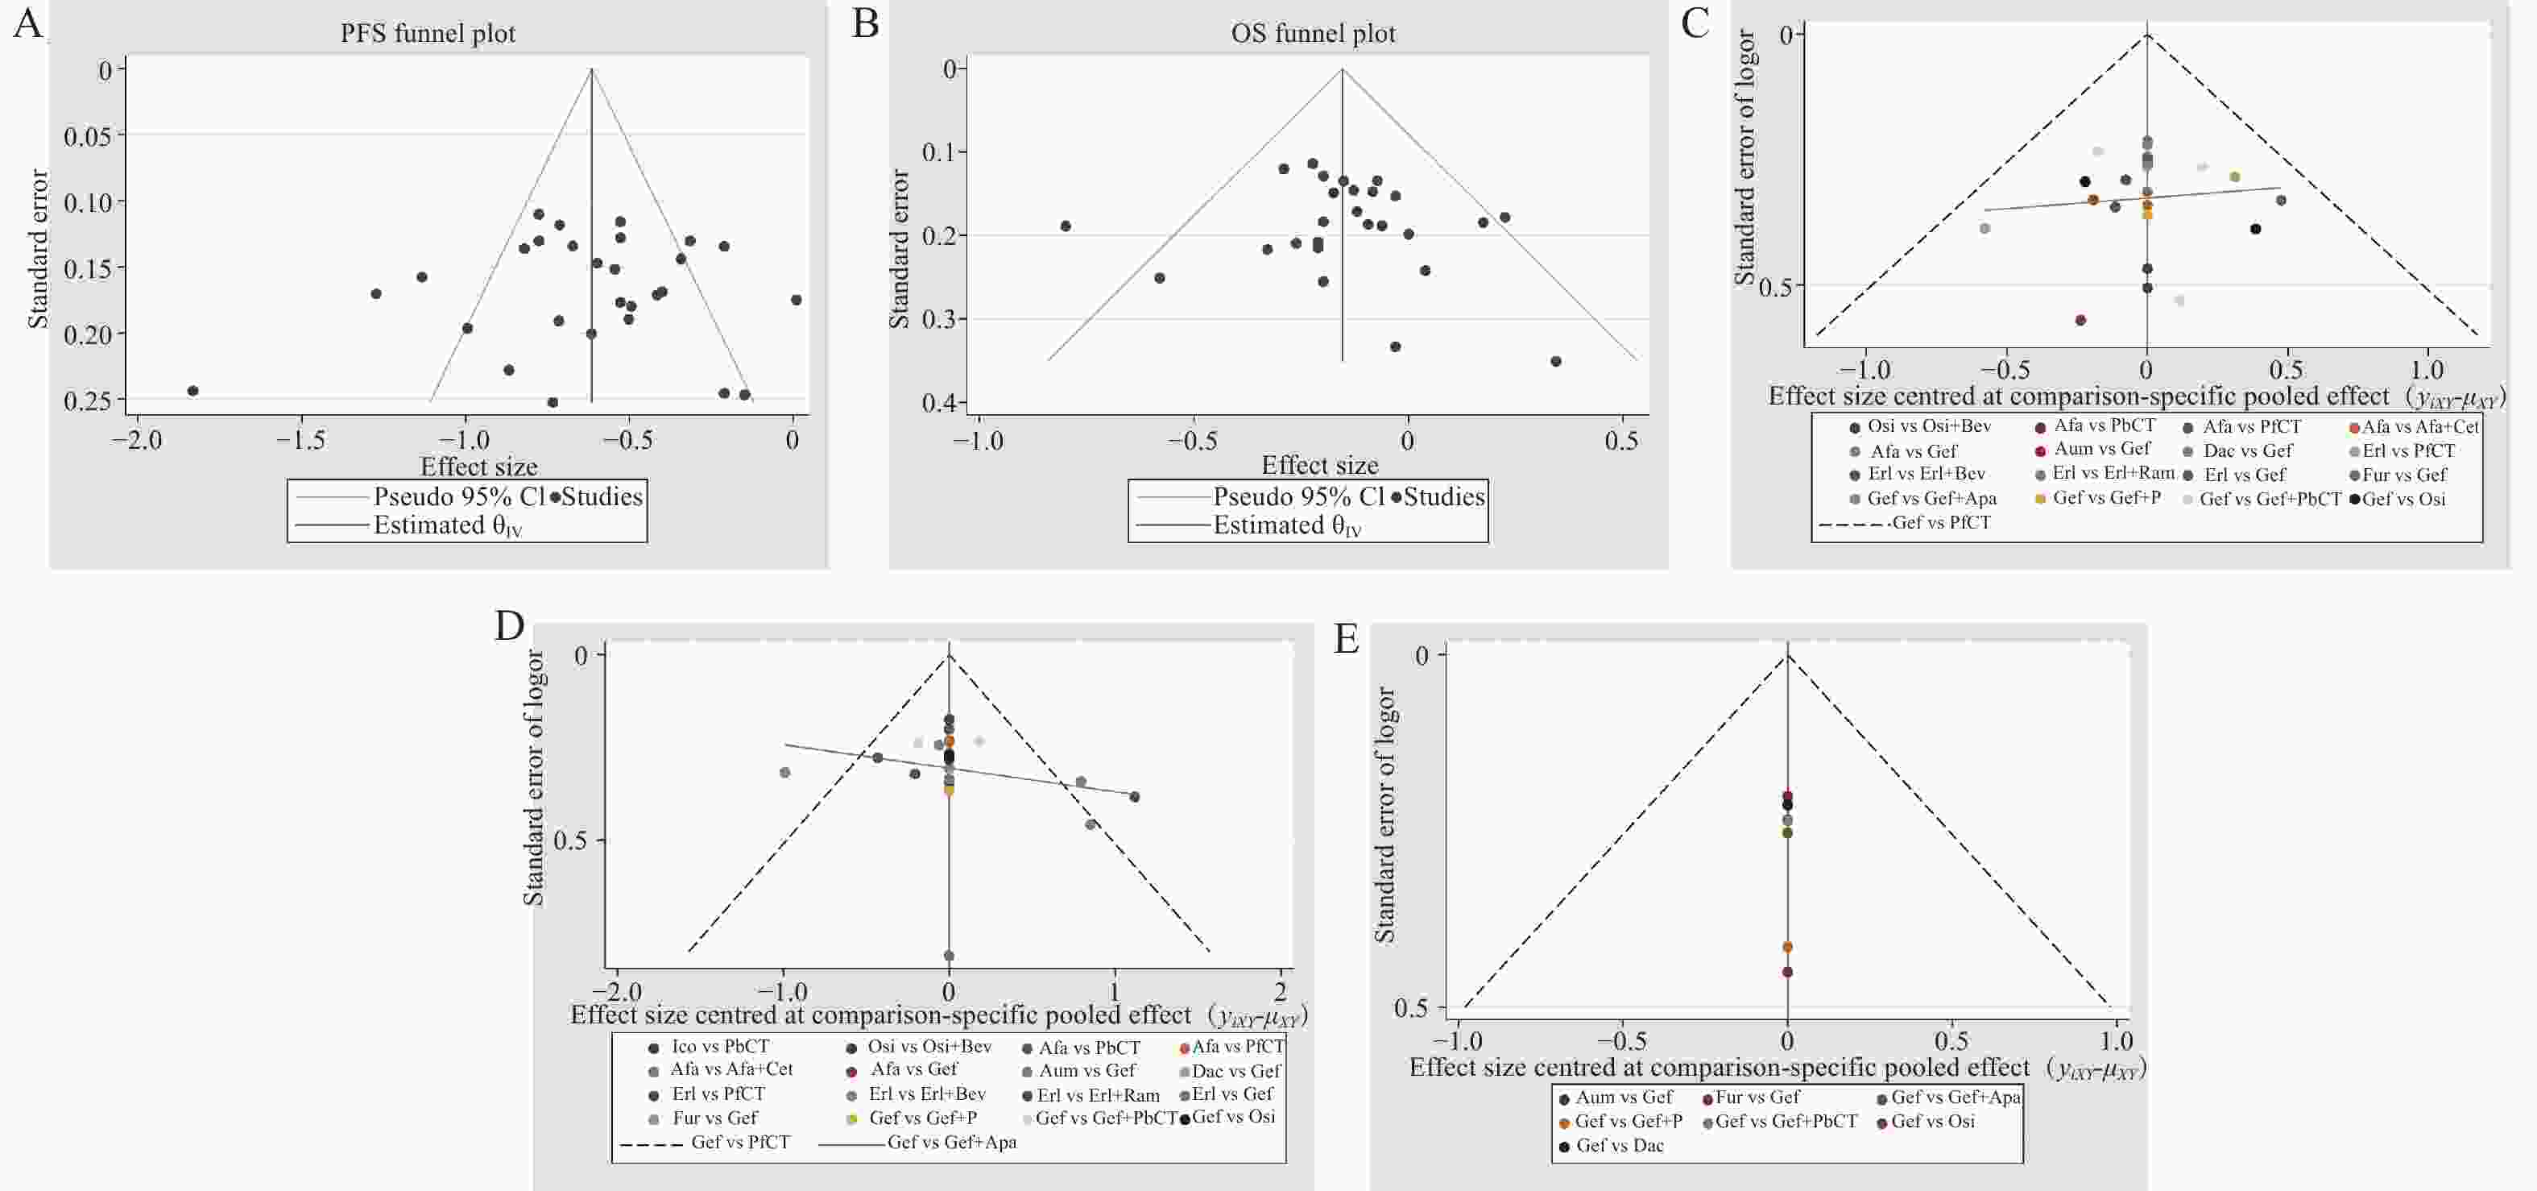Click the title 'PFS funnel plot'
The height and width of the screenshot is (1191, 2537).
pos(428,34)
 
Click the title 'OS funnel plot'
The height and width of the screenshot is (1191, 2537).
pos(1313,34)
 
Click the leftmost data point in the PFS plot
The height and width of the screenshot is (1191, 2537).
pos(193,391)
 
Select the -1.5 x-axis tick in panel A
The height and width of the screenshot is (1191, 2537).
pos(300,439)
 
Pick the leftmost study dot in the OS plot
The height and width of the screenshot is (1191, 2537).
pos(1066,226)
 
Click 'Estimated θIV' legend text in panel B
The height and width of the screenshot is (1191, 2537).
pos(1286,526)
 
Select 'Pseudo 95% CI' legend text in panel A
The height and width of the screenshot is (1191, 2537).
pos(459,496)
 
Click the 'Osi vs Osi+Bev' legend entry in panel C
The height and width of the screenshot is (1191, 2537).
pos(1928,426)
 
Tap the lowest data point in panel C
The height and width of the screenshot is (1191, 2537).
pos(2080,320)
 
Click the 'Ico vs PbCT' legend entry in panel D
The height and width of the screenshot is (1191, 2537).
pos(720,1046)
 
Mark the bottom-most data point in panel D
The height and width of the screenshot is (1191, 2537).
pos(949,956)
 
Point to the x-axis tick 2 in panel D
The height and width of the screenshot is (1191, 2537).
pos(1281,991)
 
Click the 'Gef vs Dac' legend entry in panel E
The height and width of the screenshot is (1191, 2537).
pos(1619,1146)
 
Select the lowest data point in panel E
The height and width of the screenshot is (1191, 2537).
pos(1787,973)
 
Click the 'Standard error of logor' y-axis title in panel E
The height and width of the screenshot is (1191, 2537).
pos(1384,815)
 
